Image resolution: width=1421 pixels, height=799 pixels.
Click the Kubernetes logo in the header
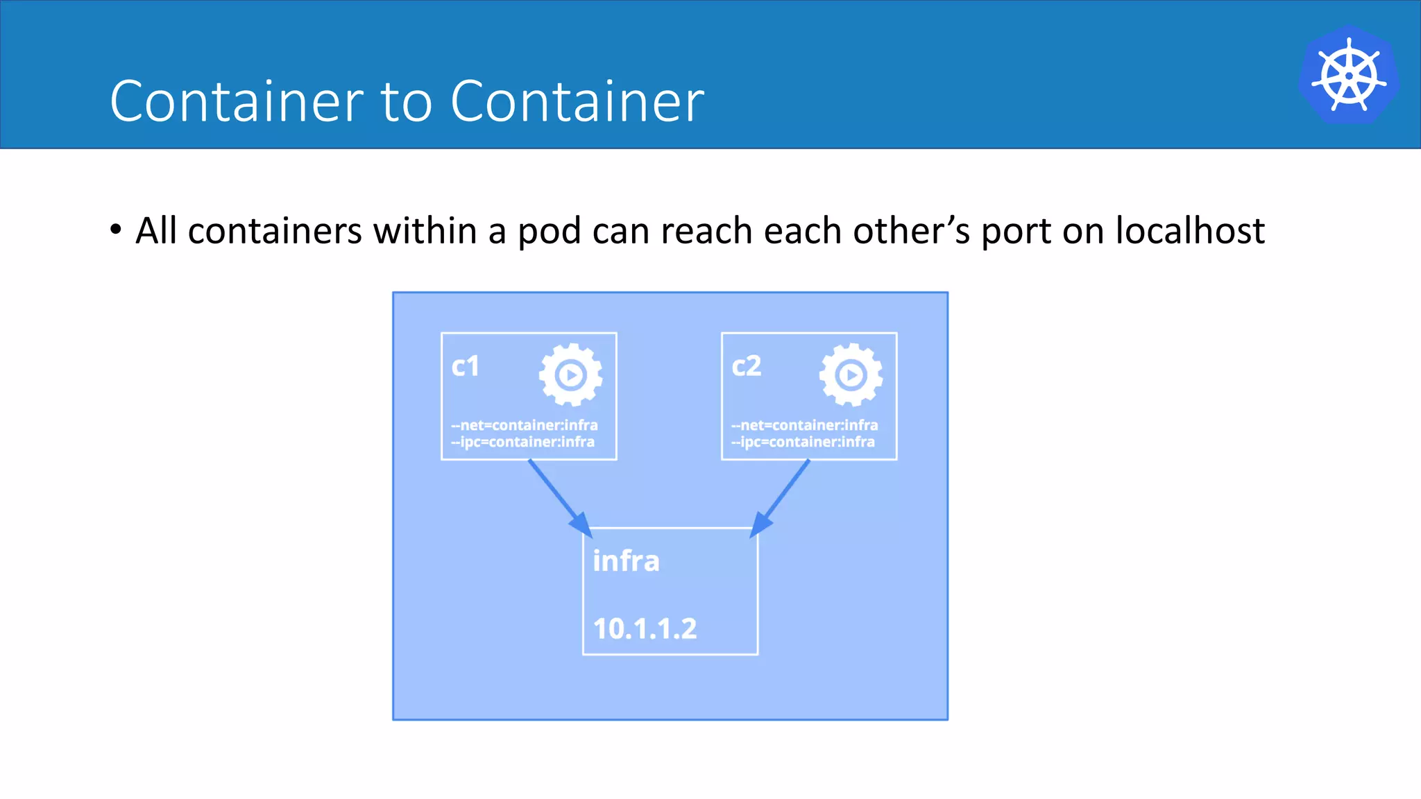point(1348,76)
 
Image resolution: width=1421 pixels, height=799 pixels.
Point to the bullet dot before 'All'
point(116,229)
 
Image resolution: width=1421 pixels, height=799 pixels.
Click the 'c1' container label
point(465,366)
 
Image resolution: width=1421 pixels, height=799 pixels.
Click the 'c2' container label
point(746,366)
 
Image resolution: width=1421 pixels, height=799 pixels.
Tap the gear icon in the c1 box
point(570,375)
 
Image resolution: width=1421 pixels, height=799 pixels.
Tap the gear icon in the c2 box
point(851,375)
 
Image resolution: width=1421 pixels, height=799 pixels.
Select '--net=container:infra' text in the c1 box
point(525,425)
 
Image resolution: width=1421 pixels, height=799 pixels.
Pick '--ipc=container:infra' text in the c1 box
point(522,442)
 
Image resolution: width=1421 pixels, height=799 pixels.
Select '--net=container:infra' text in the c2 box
point(805,425)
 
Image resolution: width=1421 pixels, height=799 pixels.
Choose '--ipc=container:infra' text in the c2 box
point(803,442)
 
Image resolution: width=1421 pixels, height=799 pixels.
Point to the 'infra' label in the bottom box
point(626,561)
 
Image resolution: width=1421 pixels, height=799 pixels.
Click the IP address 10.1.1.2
point(645,628)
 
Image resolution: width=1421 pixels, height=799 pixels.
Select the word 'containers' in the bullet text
point(275,230)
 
